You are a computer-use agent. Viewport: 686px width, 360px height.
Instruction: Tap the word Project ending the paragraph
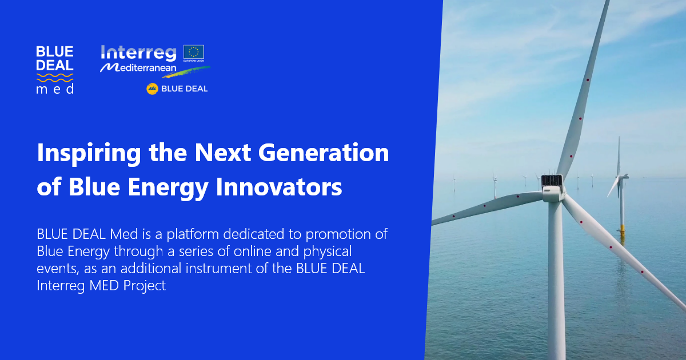click(x=144, y=286)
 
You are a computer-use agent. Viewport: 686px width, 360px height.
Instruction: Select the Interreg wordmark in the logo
click(x=139, y=54)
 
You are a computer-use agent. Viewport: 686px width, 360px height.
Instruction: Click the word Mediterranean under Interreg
click(x=139, y=68)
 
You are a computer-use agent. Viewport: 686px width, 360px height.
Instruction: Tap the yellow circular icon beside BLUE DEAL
click(x=152, y=89)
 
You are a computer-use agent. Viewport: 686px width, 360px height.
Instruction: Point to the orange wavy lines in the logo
click(x=55, y=77)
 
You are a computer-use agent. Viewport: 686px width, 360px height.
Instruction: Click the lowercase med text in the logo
click(x=55, y=90)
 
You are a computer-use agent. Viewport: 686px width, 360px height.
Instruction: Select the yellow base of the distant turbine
click(x=622, y=228)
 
